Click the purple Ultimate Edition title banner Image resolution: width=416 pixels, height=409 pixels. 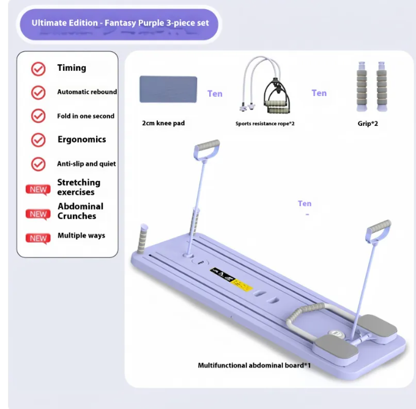[x=119, y=24]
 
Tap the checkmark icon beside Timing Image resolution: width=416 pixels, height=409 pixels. [x=38, y=69]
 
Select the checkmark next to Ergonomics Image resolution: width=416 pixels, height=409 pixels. [x=38, y=140]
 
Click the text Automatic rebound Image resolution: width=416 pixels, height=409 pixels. [x=87, y=92]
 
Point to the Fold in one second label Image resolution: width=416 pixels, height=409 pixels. [x=86, y=116]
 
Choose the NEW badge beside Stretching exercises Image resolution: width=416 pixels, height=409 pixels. [x=38, y=190]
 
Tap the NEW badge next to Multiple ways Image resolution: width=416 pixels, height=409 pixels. [x=38, y=238]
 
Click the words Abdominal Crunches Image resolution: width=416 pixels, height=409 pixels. [x=80, y=211]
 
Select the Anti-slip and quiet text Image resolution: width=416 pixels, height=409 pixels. [x=86, y=164]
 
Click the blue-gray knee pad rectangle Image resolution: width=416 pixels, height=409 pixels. [x=168, y=89]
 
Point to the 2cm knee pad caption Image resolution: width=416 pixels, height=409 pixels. [x=163, y=123]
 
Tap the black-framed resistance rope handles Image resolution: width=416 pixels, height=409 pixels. [x=277, y=97]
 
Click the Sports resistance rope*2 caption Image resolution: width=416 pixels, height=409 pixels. [x=265, y=123]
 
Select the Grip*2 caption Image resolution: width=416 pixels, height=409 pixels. [x=368, y=123]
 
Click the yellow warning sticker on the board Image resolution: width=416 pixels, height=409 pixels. [x=242, y=285]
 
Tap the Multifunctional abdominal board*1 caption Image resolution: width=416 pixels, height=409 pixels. [x=254, y=365]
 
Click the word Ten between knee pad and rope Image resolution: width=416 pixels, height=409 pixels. [x=215, y=94]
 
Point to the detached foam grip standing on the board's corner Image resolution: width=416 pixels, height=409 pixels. [x=143, y=239]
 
